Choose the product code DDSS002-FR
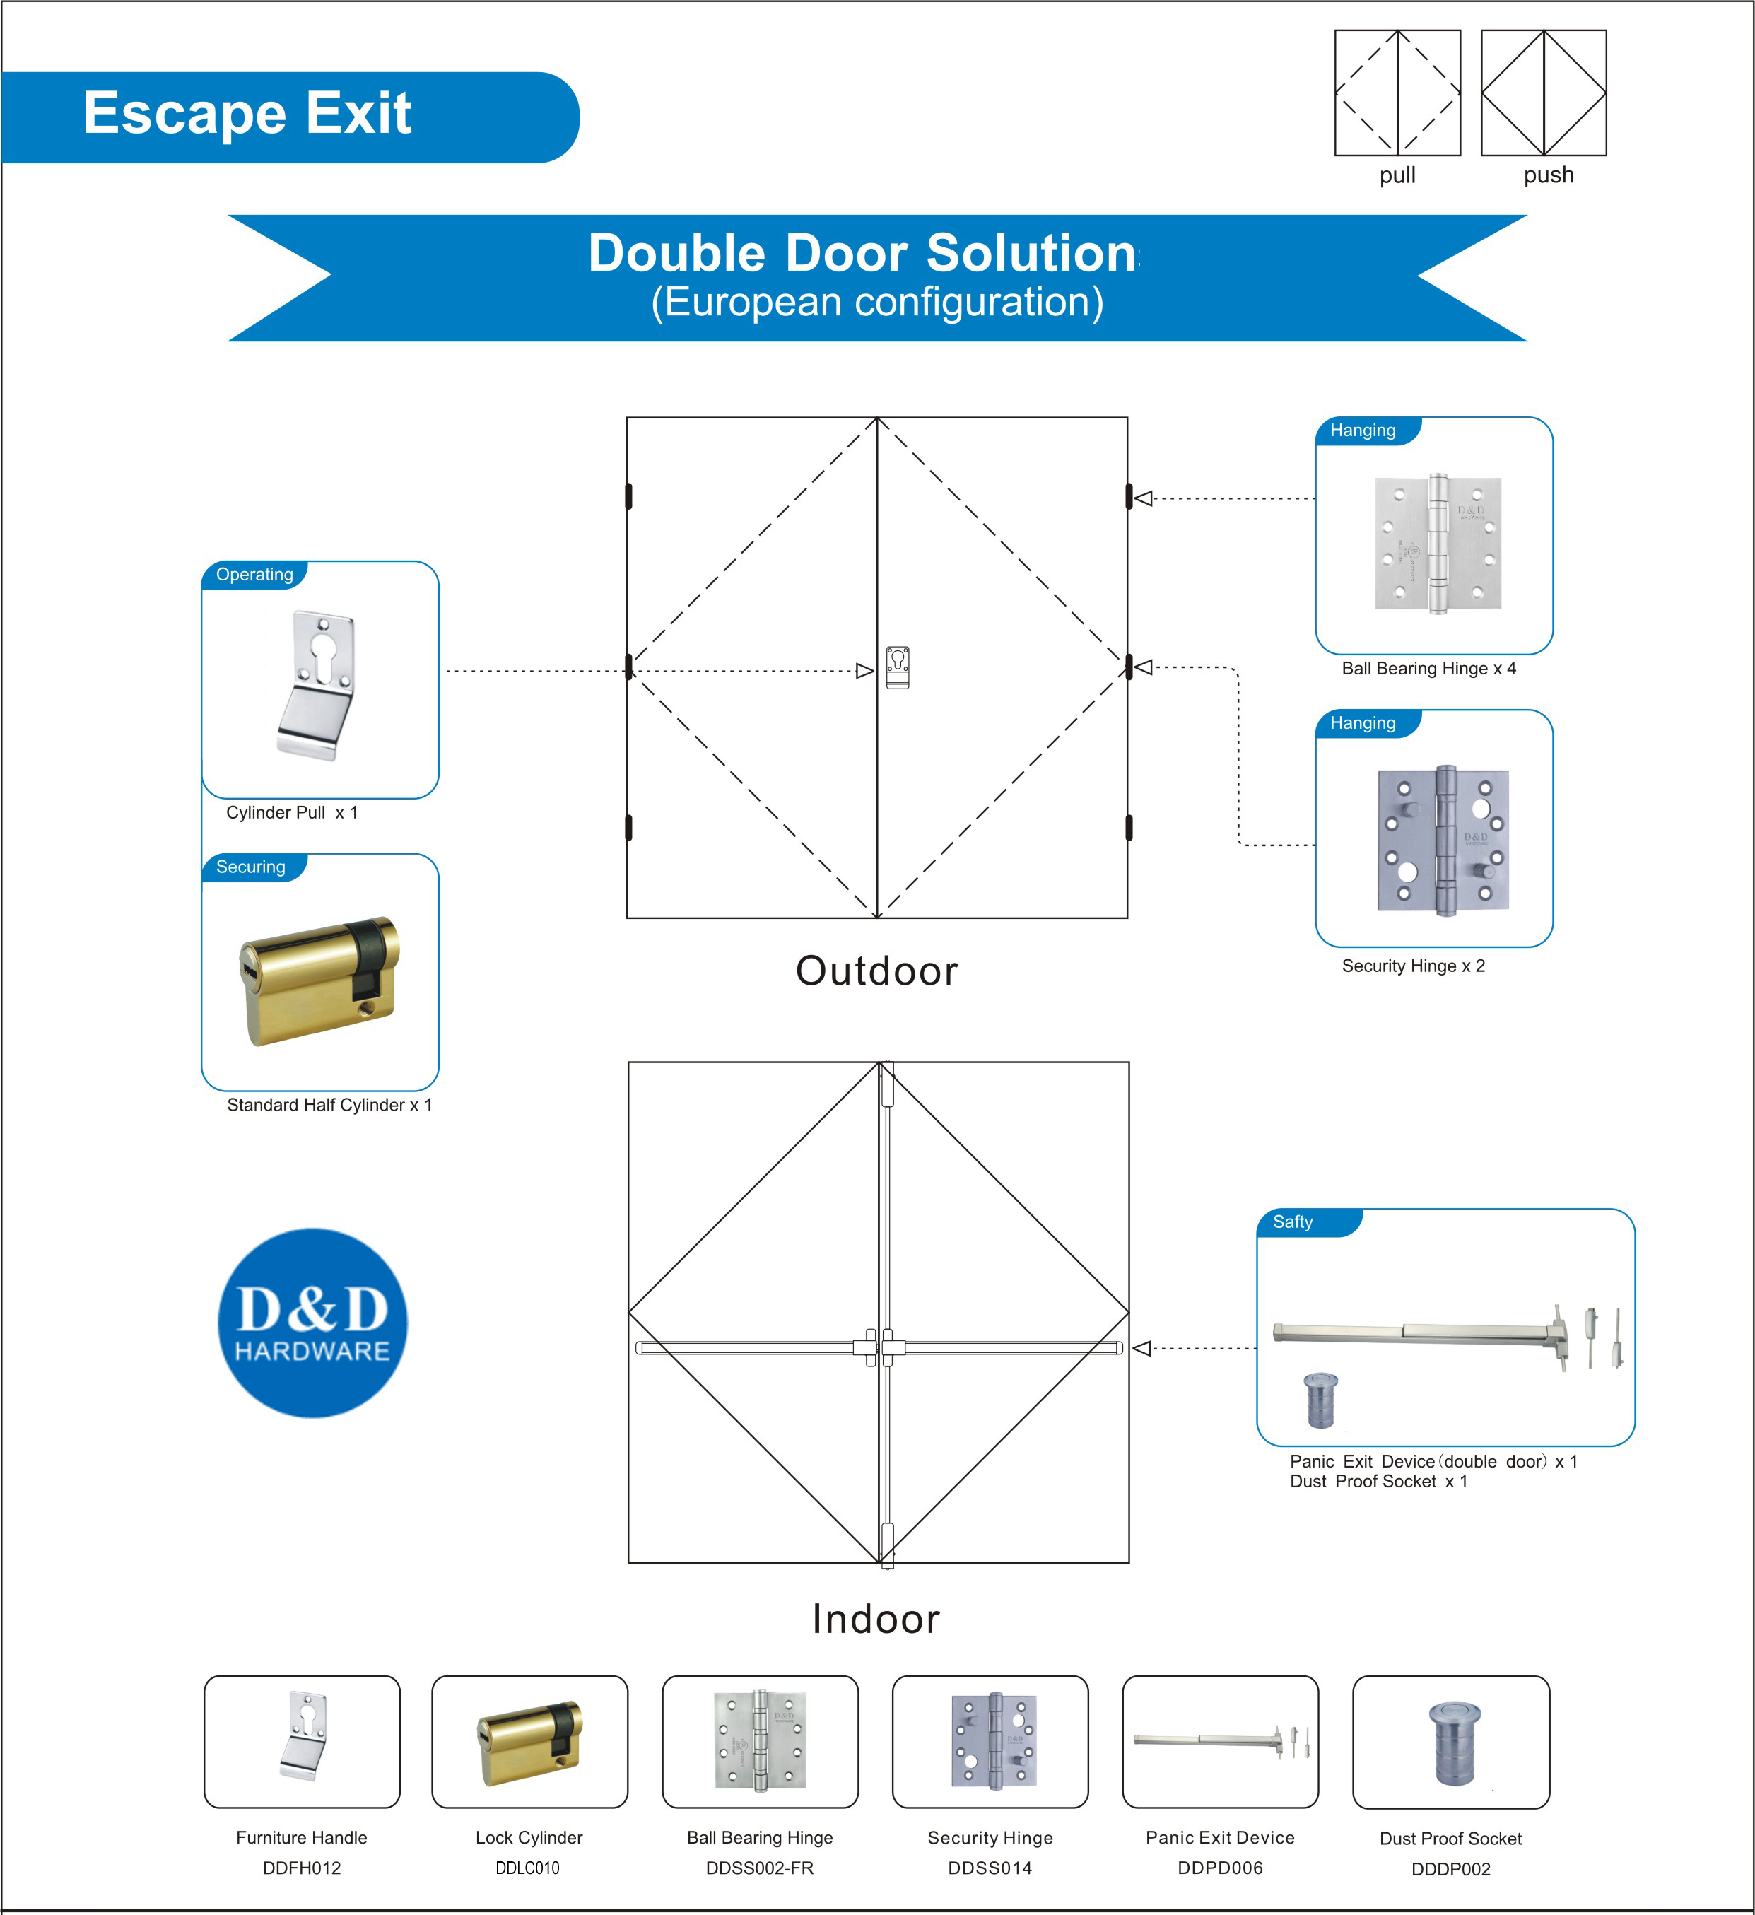pyautogui.click(x=759, y=1868)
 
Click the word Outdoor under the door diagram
pyautogui.click(x=876, y=971)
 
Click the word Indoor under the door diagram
pyautogui.click(x=876, y=1619)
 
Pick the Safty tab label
pyautogui.click(x=1293, y=1222)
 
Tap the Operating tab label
pyautogui.click(x=254, y=575)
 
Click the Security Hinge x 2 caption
pyautogui.click(x=1413, y=966)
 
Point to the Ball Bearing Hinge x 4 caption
pyautogui.click(x=1428, y=669)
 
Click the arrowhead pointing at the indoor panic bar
pyautogui.click(x=1142, y=1348)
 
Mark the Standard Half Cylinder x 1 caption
pyautogui.click(x=329, y=1105)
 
